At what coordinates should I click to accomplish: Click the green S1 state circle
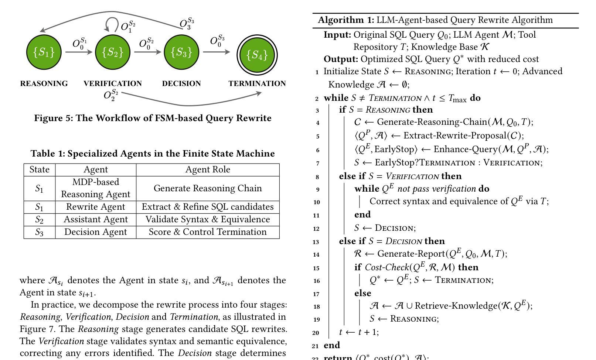click(44, 52)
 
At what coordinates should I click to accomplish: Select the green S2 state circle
click(113, 52)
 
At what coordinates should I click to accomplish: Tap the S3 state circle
click(181, 52)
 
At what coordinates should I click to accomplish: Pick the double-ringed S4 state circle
click(257, 55)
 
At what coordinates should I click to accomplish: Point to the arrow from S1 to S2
click(79, 52)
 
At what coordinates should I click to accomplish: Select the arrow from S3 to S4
click(217, 52)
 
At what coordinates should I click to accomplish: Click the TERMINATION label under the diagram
click(257, 83)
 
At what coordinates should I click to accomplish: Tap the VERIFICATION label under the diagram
click(113, 83)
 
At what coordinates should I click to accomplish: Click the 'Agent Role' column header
click(208, 169)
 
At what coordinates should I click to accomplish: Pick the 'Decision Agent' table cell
click(96, 232)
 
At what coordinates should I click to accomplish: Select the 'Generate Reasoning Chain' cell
click(208, 188)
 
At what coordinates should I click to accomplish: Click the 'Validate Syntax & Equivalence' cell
click(208, 219)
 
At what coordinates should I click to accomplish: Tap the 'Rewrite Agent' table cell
click(96, 207)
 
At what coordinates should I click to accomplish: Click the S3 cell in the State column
click(40, 232)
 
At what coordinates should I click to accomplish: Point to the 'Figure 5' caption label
click(53, 118)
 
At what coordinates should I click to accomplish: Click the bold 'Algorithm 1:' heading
click(346, 20)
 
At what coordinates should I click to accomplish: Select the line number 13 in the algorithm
click(316, 242)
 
